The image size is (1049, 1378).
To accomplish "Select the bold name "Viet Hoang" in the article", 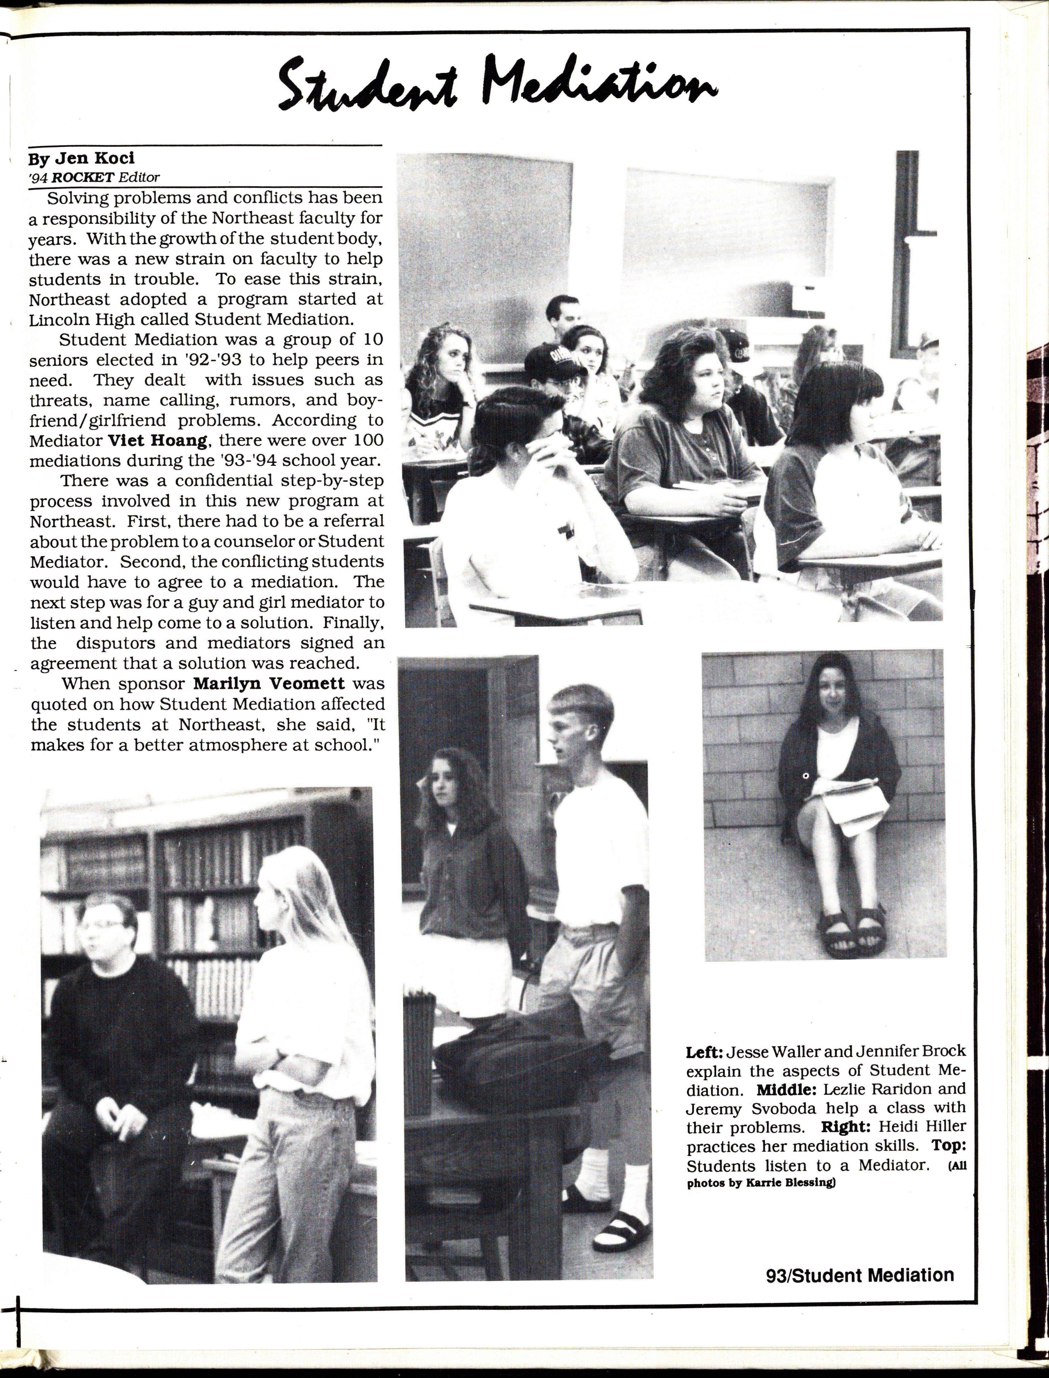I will [x=157, y=440].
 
